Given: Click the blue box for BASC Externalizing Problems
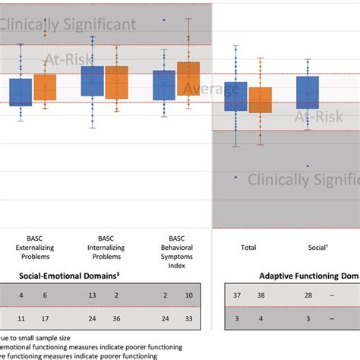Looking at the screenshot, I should [x=21, y=92].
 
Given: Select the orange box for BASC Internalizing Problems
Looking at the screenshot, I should [x=117, y=81].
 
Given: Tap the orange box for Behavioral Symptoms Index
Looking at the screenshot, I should [x=188, y=78].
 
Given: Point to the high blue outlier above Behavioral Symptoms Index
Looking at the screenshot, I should [x=164, y=20].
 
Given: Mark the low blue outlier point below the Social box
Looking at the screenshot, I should [x=308, y=166].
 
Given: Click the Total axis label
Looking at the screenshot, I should [x=248, y=248].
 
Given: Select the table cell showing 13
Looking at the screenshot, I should [x=92, y=295].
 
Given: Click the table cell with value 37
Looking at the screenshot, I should [x=237, y=295].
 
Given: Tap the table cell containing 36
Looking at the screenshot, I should [x=117, y=319].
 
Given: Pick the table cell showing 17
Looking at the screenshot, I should [x=45, y=319].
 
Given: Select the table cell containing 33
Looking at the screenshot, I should [x=188, y=319].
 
